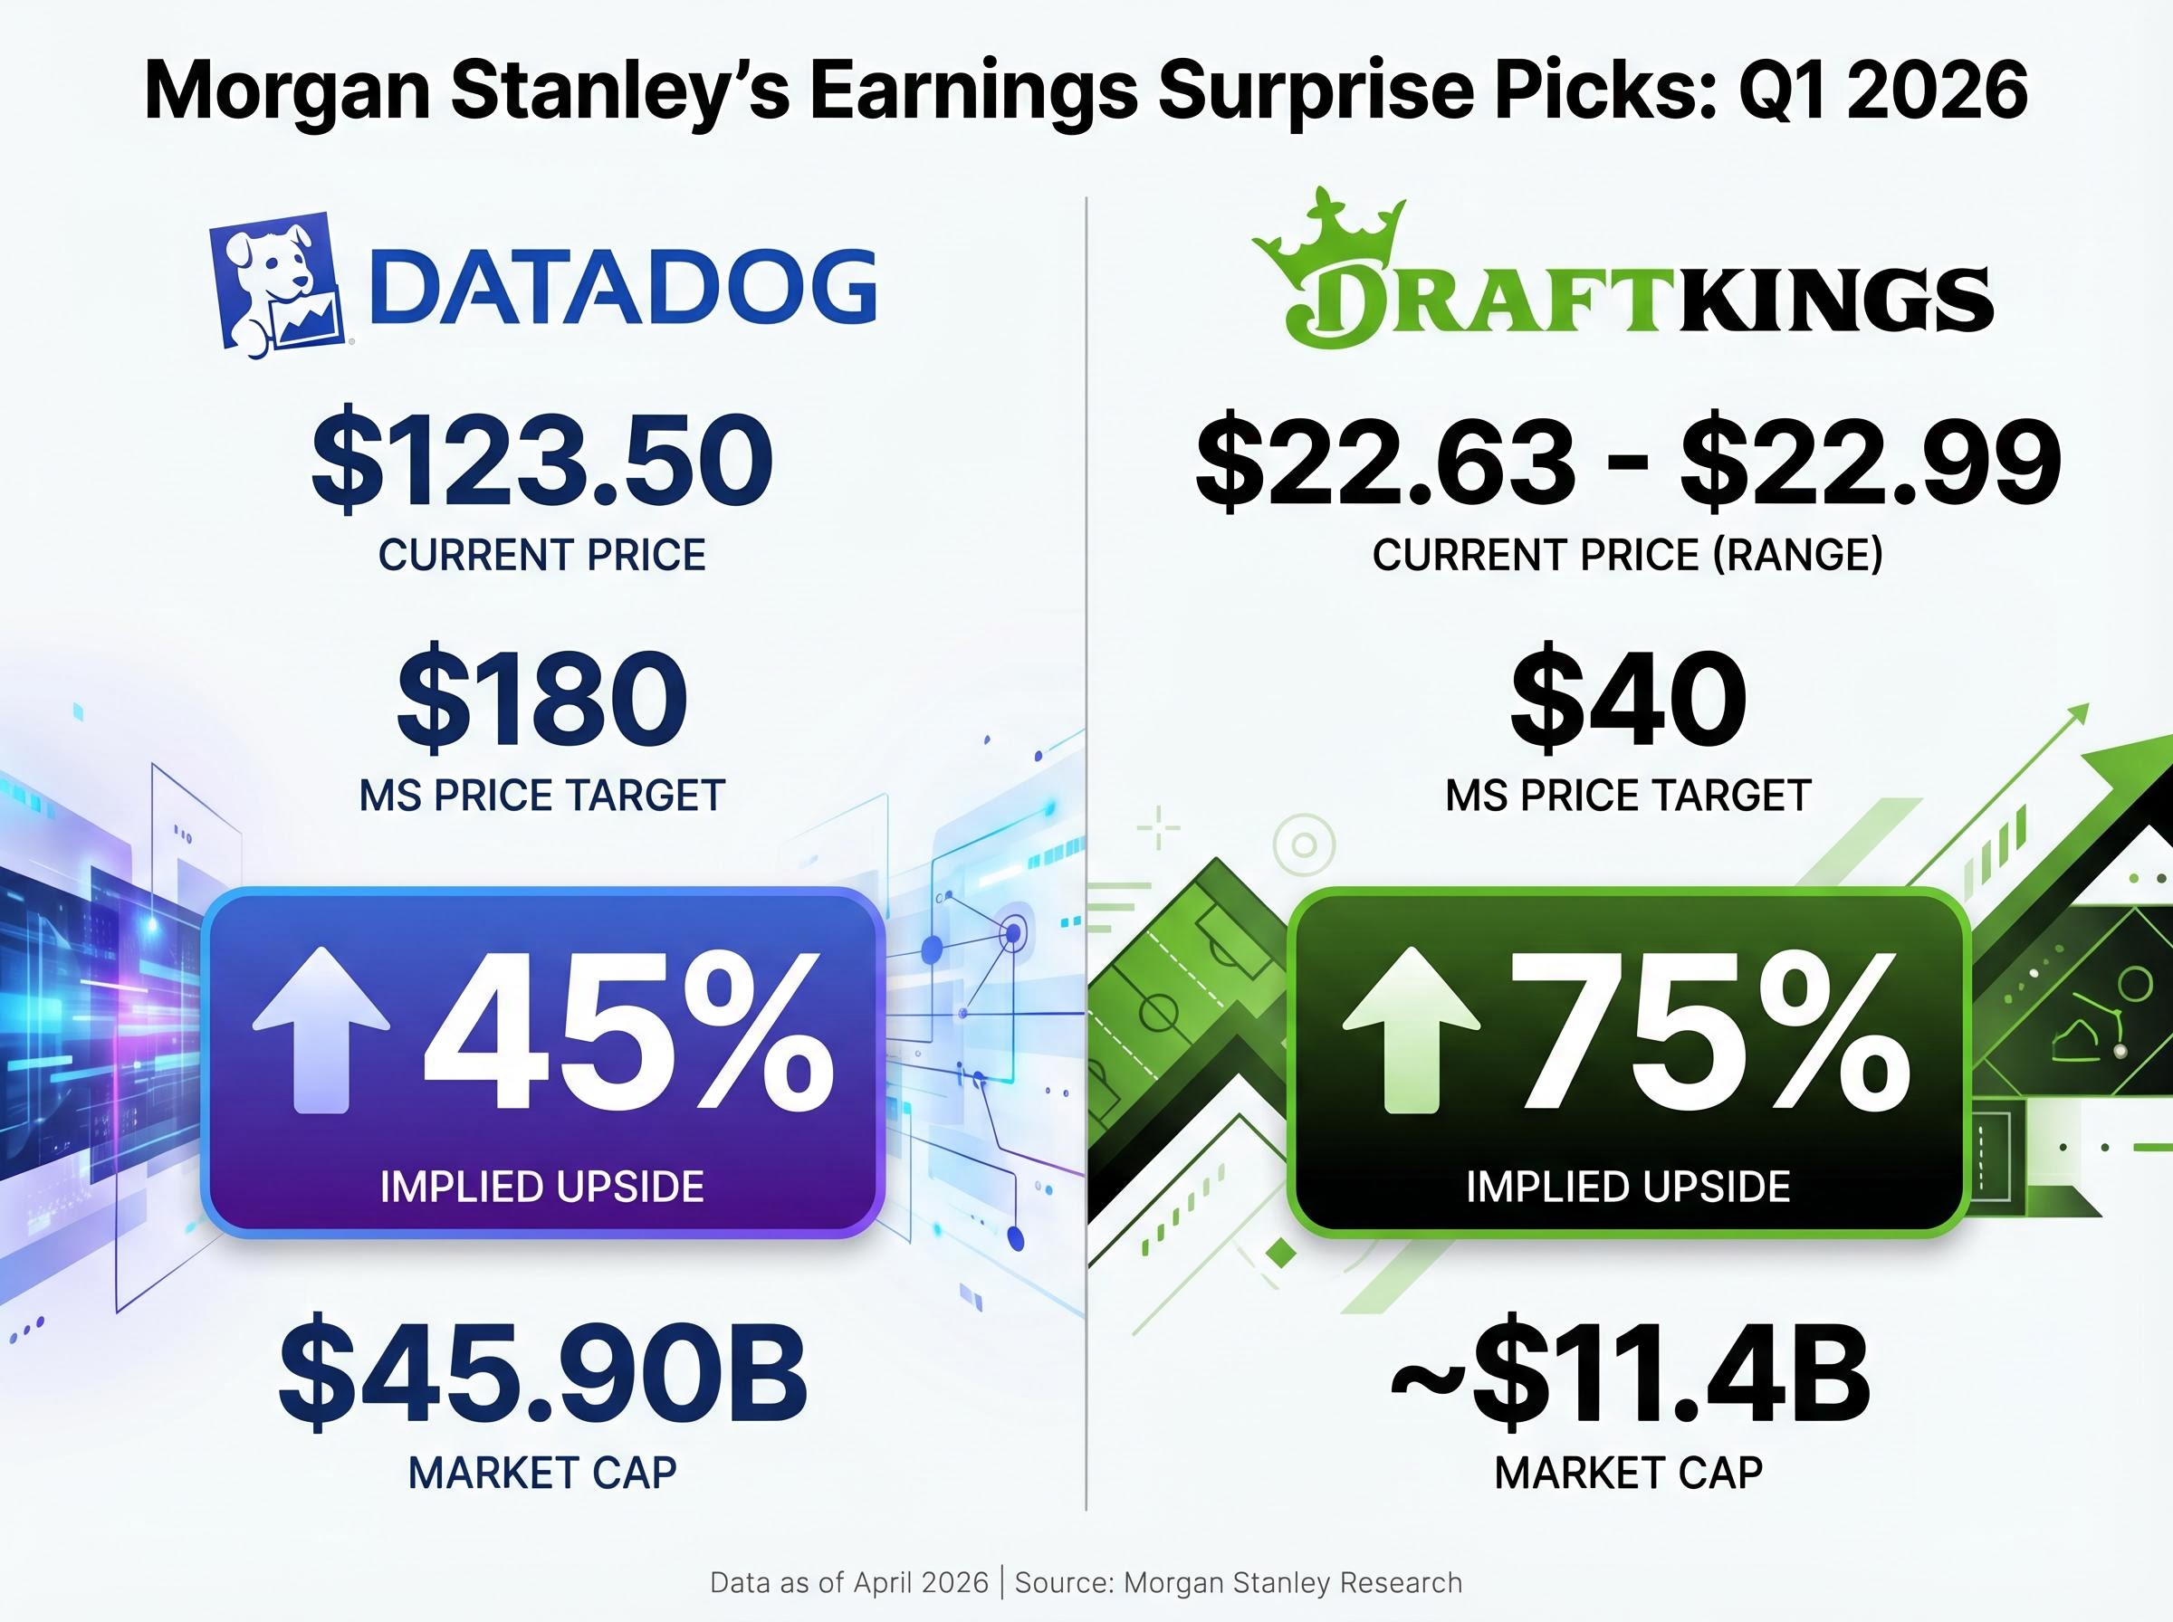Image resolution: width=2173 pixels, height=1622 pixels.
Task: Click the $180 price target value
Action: [x=542, y=700]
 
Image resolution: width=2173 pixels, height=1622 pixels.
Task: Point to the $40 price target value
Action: [x=1628, y=700]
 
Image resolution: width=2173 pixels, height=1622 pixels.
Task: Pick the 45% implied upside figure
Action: [x=628, y=1035]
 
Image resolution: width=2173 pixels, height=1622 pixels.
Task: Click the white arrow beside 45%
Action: [x=321, y=1031]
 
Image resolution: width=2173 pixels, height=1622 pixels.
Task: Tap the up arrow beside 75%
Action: [x=1411, y=1031]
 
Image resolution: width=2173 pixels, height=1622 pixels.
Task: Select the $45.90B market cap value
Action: [x=542, y=1374]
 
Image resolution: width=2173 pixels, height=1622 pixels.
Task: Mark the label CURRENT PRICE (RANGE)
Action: [x=1628, y=556]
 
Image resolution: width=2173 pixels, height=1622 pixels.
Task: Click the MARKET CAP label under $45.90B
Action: [x=542, y=1473]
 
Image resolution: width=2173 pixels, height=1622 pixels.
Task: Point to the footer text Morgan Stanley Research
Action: [x=1292, y=1583]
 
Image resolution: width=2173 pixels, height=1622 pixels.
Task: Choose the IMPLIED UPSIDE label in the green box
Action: [x=1628, y=1187]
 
